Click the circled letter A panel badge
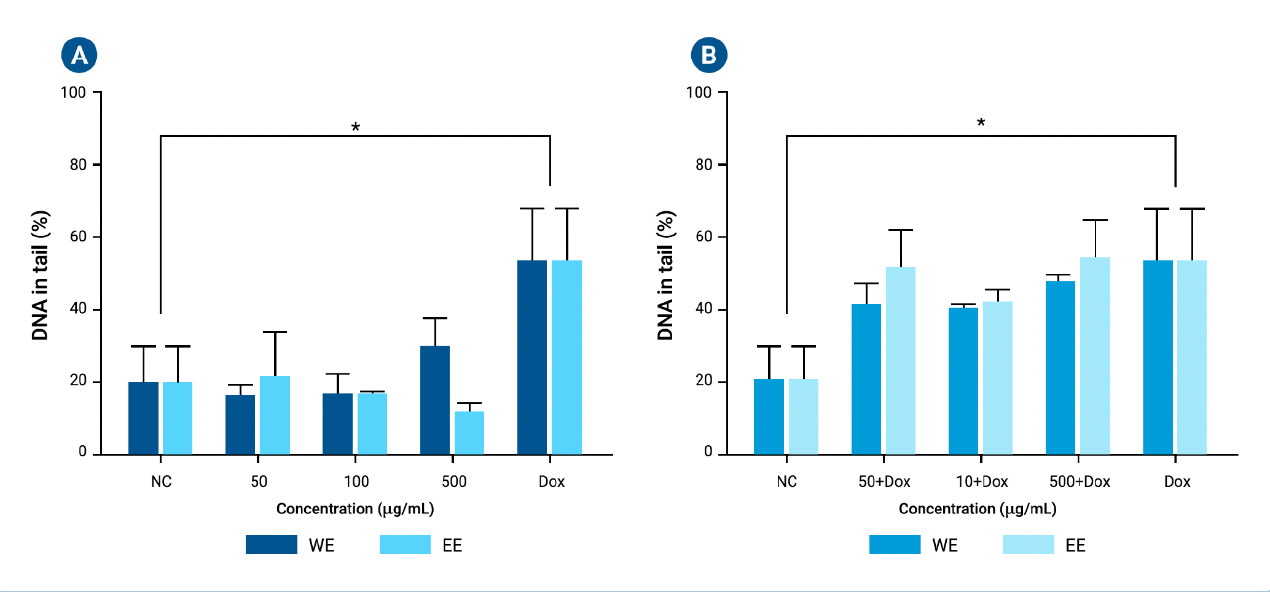click(x=79, y=55)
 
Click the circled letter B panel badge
click(x=708, y=55)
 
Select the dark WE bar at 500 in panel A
click(x=435, y=400)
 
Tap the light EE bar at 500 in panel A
click(x=469, y=432)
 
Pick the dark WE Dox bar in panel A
click(x=532, y=357)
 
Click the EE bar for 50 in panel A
click(x=275, y=415)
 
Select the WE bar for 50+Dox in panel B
click(x=866, y=379)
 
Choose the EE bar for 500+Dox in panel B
click(x=1095, y=356)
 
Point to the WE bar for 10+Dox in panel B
click(x=963, y=381)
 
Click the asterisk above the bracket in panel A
click(x=355, y=128)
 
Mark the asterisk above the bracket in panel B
click(x=981, y=123)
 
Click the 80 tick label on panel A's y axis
click(x=78, y=165)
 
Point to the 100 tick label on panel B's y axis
click(x=699, y=93)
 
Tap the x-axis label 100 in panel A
click(x=356, y=481)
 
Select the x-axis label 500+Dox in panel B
click(x=1080, y=481)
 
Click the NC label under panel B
click(x=786, y=481)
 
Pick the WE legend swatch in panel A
click(x=272, y=545)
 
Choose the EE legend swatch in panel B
click(x=1028, y=545)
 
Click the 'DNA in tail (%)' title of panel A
click(x=41, y=275)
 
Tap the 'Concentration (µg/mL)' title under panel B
click(x=978, y=508)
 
